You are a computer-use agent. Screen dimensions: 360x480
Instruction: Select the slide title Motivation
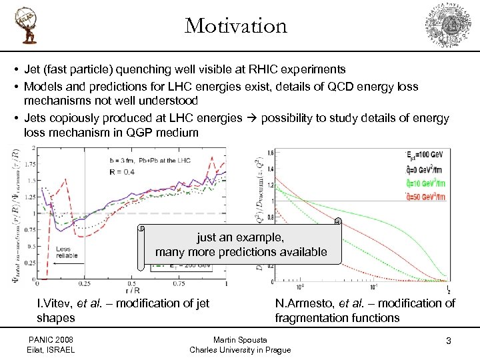point(236,26)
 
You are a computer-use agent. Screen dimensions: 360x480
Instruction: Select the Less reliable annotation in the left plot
point(67,252)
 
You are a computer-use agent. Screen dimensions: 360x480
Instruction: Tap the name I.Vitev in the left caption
point(56,303)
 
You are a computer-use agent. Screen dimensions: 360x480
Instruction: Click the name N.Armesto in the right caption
point(301,303)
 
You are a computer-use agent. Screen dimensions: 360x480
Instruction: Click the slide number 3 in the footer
point(449,341)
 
